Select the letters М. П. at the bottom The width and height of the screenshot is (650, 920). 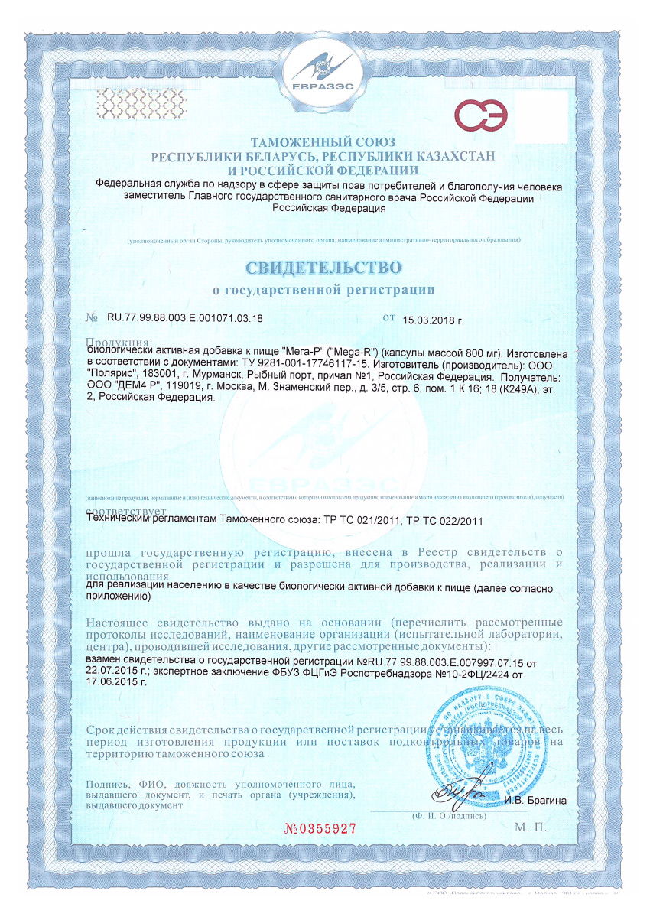point(531,827)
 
